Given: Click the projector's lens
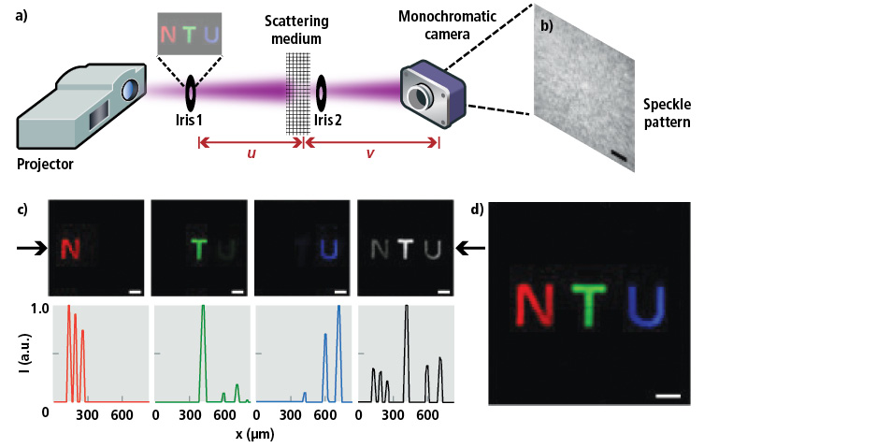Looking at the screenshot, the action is [130, 90].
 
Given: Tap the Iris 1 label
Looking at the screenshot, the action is [189, 120].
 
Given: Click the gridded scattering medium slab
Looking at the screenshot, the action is [297, 94].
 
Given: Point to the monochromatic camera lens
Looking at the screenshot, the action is [420, 96].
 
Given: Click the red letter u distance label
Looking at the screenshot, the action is [252, 152].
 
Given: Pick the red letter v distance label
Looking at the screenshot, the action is [369, 152].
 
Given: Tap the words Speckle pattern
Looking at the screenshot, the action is [667, 113].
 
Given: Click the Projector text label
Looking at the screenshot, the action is [45, 164].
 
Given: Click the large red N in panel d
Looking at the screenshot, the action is [535, 306].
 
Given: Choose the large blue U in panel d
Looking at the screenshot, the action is [647, 306].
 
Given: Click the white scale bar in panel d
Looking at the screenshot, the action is [668, 396].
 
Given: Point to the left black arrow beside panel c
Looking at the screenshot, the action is [32, 250].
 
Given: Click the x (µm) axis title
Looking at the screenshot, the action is [254, 433].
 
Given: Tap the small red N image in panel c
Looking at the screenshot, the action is [70, 249].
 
